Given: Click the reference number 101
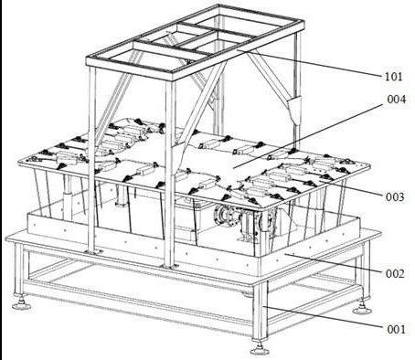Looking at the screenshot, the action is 394,77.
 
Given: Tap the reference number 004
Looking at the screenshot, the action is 397,100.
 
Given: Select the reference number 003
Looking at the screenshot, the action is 395,197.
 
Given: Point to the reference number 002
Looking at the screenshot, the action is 395,273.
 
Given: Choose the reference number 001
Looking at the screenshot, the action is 396,329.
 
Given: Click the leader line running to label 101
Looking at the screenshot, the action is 310,62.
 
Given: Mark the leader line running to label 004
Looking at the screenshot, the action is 308,136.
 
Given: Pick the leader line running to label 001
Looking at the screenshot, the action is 323,317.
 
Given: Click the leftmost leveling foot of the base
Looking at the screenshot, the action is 21,302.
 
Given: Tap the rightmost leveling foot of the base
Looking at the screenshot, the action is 362,307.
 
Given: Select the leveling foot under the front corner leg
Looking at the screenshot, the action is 260,348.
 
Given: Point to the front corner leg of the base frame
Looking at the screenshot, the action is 260,311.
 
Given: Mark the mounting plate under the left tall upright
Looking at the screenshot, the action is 94,252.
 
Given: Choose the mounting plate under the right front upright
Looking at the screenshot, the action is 170,267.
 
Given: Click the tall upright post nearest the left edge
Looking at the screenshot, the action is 92,158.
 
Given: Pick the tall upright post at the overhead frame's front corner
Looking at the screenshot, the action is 170,173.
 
